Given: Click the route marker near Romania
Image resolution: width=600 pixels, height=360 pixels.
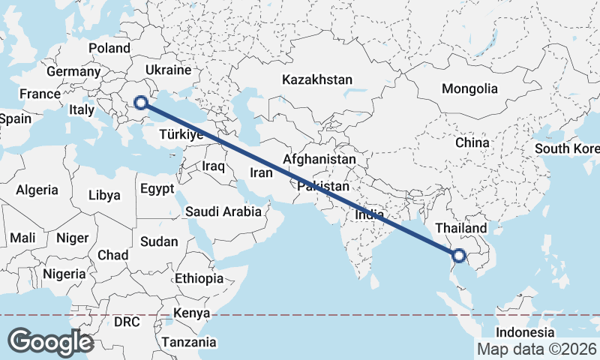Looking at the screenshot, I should (x=140, y=101).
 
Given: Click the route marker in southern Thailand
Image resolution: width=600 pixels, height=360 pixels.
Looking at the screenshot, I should (x=460, y=256).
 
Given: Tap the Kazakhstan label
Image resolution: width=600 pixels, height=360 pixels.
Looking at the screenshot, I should (x=317, y=79).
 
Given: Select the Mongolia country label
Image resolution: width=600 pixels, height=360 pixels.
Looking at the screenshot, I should (x=469, y=88).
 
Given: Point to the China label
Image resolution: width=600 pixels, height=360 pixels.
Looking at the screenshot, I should (x=472, y=142).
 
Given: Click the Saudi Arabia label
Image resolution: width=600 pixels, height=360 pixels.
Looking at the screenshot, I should (x=223, y=211).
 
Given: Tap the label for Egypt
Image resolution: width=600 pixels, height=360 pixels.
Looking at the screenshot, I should (x=157, y=188).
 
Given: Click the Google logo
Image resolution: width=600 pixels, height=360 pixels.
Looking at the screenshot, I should (x=50, y=342).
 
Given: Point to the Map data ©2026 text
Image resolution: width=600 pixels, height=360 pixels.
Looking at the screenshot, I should (x=537, y=349).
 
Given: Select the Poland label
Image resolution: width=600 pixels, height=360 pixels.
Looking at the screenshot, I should (x=109, y=48).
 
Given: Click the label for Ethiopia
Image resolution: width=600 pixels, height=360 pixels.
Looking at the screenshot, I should (x=199, y=278).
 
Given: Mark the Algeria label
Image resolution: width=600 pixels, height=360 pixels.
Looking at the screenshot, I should (x=37, y=190).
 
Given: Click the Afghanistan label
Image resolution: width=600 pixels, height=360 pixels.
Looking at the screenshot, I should (x=319, y=160).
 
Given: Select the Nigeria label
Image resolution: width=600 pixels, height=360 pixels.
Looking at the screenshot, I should (x=64, y=274).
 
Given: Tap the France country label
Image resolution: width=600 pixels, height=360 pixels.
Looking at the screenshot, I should (x=40, y=94).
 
